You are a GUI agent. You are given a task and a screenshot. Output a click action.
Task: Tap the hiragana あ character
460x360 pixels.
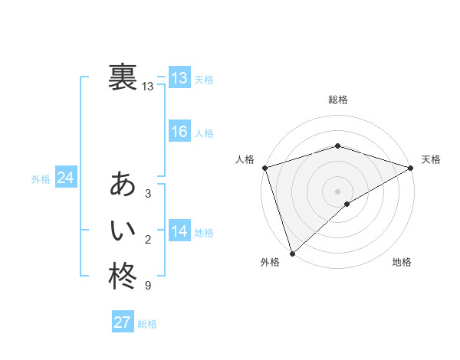click(123, 185)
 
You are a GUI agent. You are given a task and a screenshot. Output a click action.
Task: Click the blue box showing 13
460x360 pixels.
click(179, 78)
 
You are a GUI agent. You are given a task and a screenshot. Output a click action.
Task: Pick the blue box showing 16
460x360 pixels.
click(179, 132)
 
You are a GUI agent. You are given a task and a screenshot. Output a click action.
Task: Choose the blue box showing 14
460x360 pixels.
click(179, 231)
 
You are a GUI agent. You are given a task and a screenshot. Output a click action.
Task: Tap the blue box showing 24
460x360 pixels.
click(66, 178)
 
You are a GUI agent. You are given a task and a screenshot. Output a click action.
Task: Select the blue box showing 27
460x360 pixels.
click(123, 322)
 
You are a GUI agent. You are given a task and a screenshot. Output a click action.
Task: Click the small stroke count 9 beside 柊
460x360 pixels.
click(148, 286)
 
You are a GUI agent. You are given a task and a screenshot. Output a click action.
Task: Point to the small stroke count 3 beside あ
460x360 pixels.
click(148, 195)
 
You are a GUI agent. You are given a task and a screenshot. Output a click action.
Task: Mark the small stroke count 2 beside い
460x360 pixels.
click(148, 240)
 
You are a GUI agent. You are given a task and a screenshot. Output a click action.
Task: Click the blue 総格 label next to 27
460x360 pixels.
click(147, 324)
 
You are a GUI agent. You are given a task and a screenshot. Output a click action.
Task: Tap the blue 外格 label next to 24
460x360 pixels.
click(41, 179)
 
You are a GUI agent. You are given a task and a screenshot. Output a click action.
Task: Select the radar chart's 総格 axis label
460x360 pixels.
click(337, 100)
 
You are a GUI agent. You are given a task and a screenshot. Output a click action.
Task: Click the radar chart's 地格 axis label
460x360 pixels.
click(402, 263)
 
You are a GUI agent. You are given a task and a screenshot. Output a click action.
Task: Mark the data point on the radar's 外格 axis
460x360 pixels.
click(292, 253)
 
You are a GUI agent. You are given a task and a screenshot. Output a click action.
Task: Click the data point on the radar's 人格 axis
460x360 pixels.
click(264, 168)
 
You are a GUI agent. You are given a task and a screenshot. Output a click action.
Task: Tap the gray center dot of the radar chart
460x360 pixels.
click(337, 191)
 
